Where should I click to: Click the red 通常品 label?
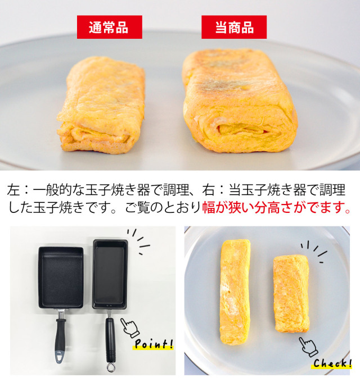110,27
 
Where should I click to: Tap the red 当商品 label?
234,27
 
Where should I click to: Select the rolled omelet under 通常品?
101,105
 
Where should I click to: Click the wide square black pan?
61,278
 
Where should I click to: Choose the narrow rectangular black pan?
110,274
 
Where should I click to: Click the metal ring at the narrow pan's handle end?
111,367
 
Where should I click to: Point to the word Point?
154,344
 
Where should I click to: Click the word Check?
332,363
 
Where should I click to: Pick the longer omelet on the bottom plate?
235,292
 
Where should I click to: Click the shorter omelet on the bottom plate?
291,294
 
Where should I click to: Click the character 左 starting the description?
13,190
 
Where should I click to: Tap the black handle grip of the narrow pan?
110,340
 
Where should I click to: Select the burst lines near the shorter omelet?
314,252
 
